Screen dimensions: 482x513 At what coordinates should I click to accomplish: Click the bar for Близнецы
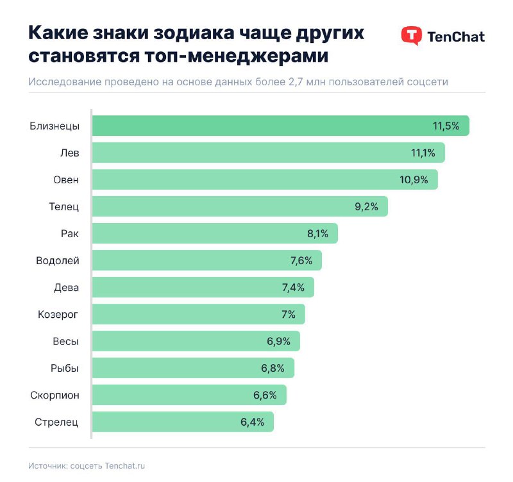(280, 126)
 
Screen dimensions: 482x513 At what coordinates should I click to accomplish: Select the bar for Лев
(268, 153)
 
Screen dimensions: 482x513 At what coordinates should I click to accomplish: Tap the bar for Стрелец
(183, 422)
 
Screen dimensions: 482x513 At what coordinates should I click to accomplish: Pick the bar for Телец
(240, 206)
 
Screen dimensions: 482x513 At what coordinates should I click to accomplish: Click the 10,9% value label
(414, 179)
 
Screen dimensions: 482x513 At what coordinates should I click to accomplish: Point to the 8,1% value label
(317, 233)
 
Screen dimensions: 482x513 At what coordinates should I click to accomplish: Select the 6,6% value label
(265, 395)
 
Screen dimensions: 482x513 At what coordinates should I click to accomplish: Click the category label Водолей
(58, 260)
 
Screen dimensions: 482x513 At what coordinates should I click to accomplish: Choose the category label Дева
(66, 287)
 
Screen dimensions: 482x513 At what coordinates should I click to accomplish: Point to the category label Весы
(65, 341)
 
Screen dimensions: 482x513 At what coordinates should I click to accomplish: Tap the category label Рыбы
(65, 368)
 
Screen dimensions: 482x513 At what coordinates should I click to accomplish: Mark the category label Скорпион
(55, 395)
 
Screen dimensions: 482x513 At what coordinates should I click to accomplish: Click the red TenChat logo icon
(411, 36)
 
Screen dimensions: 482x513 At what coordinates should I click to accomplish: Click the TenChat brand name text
(456, 36)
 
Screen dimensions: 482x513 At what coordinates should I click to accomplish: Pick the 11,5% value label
(446, 126)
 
